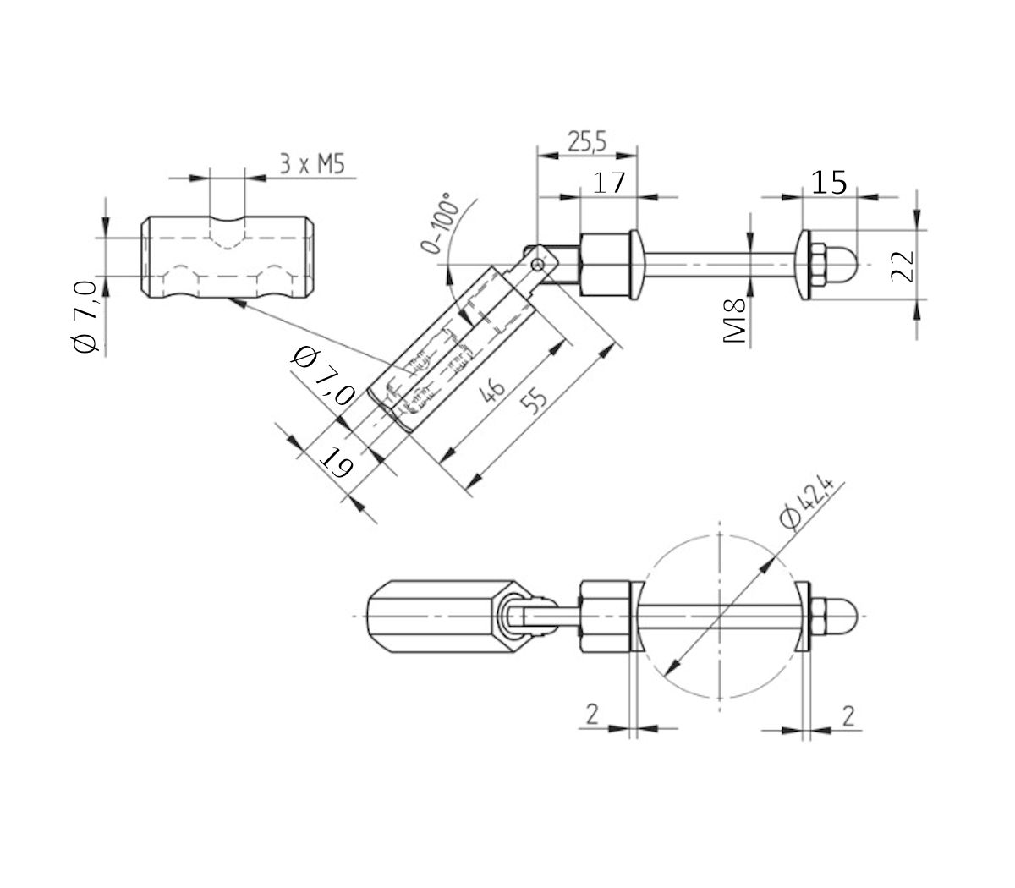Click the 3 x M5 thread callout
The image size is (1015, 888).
312,164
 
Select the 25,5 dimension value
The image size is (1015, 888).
587,141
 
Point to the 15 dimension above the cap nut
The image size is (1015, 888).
829,182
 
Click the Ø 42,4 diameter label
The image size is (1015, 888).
808,505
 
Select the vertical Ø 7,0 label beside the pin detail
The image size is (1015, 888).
87,318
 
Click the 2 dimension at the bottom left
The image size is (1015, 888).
592,715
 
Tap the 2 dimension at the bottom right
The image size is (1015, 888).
848,715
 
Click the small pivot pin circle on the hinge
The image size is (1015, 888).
536,266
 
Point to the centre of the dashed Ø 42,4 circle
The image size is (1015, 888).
719,615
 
